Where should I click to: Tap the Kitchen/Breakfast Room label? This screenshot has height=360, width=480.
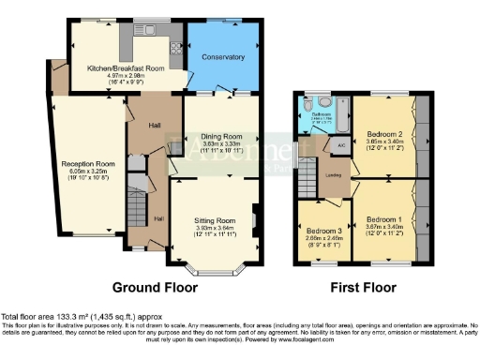126,68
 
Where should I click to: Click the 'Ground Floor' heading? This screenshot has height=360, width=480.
154,286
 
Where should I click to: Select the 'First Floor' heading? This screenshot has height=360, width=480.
360,286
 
